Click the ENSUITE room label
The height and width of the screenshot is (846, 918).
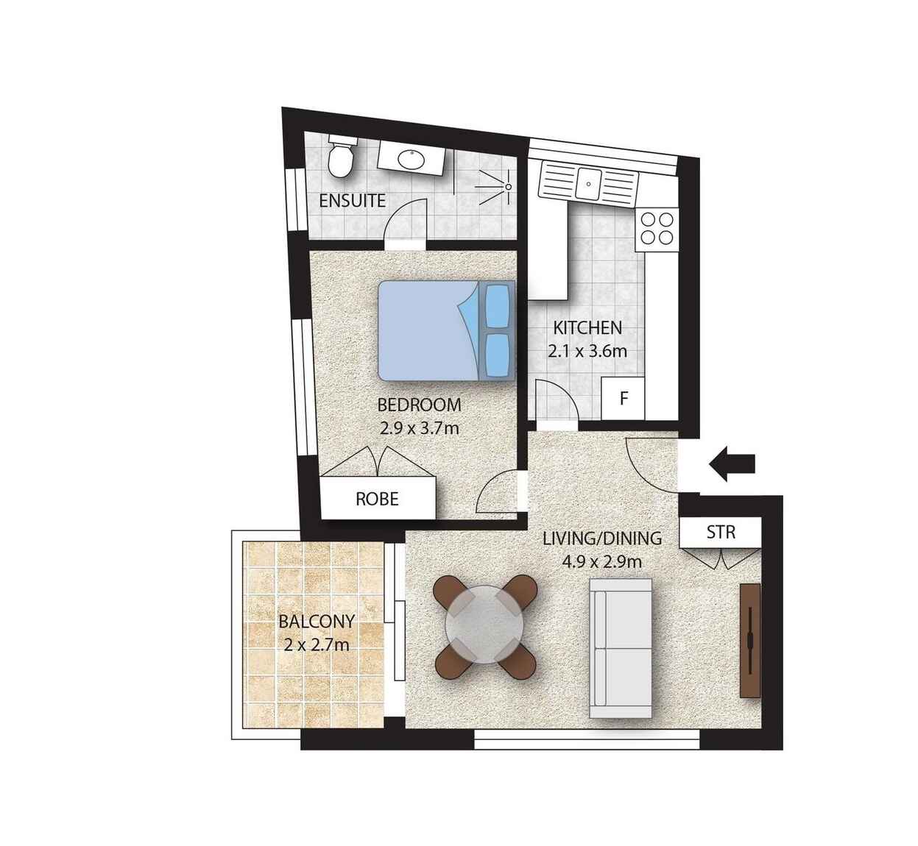pos(352,201)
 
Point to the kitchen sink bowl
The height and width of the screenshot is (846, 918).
pos(588,184)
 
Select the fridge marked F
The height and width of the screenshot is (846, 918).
pos(623,398)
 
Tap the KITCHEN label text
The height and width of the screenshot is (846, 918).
pos(587,328)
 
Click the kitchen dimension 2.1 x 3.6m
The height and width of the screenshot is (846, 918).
pos(587,352)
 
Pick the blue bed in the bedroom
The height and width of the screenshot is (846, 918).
pos(447,331)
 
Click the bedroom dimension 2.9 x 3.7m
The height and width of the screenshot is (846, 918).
pos(420,428)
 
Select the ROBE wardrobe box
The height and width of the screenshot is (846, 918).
pos(378,499)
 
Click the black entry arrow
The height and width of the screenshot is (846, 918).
pos(732,464)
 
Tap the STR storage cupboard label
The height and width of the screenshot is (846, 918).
pos(721,533)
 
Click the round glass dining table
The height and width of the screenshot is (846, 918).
pos(484,625)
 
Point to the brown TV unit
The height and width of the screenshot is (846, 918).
pos(750,641)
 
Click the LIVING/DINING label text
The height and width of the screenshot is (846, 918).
pos(602,538)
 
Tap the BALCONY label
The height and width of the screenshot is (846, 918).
pos(317,622)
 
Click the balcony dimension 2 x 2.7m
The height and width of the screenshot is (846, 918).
pos(317,645)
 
